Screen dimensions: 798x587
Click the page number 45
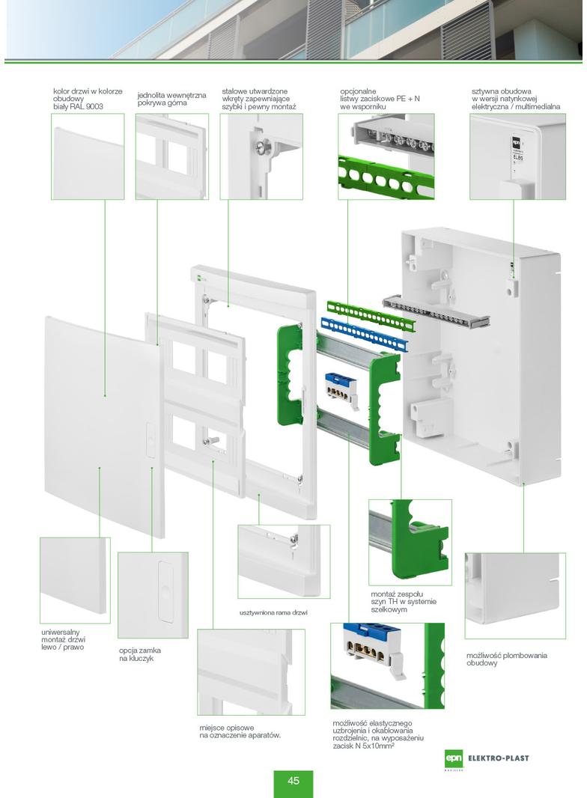pyautogui.click(x=293, y=781)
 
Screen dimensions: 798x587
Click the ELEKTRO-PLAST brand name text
pyautogui.click(x=497, y=758)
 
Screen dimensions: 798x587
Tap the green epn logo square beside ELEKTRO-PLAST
pyautogui.click(x=453, y=758)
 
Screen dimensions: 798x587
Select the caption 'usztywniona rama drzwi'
pyautogui.click(x=273, y=612)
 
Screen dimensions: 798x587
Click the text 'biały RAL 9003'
pyautogui.click(x=78, y=107)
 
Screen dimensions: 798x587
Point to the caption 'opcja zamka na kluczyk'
pyautogui.click(x=140, y=654)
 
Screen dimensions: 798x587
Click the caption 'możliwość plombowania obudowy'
pyautogui.click(x=506, y=659)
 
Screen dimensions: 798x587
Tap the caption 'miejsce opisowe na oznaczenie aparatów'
pyautogui.click(x=240, y=731)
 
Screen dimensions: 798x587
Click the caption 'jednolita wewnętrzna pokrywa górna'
pyautogui.click(x=171, y=99)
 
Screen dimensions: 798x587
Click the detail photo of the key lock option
pyautogui.click(x=153, y=594)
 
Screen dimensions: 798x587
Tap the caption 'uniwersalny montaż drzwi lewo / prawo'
pyautogui.click(x=64, y=639)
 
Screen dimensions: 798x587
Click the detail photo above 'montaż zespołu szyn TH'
pyautogui.click(x=410, y=541)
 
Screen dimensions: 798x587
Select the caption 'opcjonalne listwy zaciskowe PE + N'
pyautogui.click(x=380, y=99)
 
